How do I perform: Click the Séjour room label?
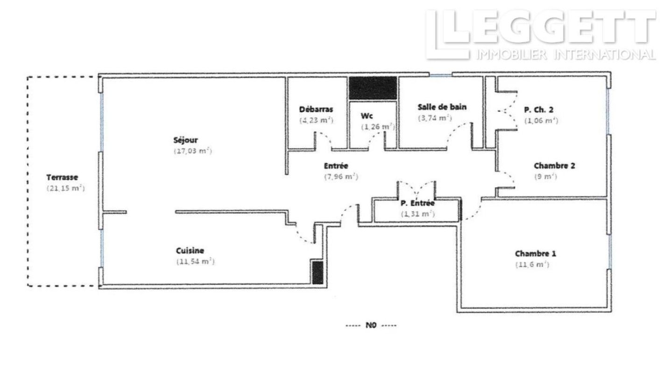(185, 140)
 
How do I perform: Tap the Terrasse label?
(62, 178)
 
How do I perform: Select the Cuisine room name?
(190, 251)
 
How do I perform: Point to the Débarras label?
(316, 109)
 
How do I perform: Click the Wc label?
(367, 116)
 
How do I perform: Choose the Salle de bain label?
(442, 107)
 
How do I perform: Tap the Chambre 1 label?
(535, 254)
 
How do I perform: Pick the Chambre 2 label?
(554, 166)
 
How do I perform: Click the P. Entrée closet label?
(417, 203)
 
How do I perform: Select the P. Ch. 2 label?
(538, 110)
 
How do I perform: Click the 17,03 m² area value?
(193, 151)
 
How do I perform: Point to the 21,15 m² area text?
(65, 188)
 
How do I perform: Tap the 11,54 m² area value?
(195, 261)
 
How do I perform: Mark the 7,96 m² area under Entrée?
(341, 177)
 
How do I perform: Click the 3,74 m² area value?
(435, 118)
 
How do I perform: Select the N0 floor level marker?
(371, 325)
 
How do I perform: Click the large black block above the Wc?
(373, 88)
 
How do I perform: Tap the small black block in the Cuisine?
(318, 273)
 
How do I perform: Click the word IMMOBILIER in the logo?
(511, 55)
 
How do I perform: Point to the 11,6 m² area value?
(532, 265)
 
